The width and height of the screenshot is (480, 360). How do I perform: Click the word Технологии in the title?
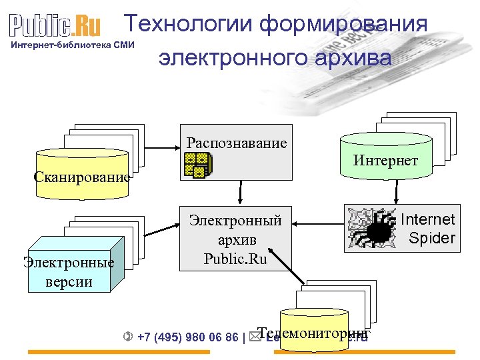pos(189,25)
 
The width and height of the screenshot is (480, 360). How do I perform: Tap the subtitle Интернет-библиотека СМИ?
pos(73,45)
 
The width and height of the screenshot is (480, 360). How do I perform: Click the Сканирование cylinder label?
pos(82,178)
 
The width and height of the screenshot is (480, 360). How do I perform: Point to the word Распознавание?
pos(237,143)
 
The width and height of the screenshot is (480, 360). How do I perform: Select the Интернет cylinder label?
pos(385,161)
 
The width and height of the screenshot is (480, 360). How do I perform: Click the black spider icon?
pos(376,229)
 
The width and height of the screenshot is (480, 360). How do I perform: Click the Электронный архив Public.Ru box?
pos(236,239)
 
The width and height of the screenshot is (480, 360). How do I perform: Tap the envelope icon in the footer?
pos(255,337)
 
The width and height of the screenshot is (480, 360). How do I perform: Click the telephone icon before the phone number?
pos(129,337)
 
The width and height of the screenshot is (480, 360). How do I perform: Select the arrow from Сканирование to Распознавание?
pos(162,148)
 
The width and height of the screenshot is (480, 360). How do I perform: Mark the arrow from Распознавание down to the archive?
pos(239,192)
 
